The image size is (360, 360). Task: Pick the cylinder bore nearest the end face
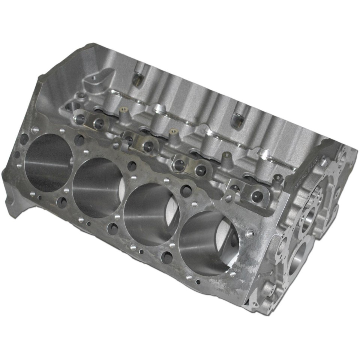[x=208, y=244]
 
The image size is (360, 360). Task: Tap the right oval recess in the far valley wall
[x=237, y=120]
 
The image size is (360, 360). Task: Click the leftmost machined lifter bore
[x=80, y=119]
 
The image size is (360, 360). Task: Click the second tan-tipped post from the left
[x=173, y=132]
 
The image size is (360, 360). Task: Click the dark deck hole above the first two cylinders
[x=79, y=140]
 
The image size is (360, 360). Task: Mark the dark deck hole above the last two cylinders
[x=186, y=191]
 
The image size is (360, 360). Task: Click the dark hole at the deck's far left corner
[x=24, y=139]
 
